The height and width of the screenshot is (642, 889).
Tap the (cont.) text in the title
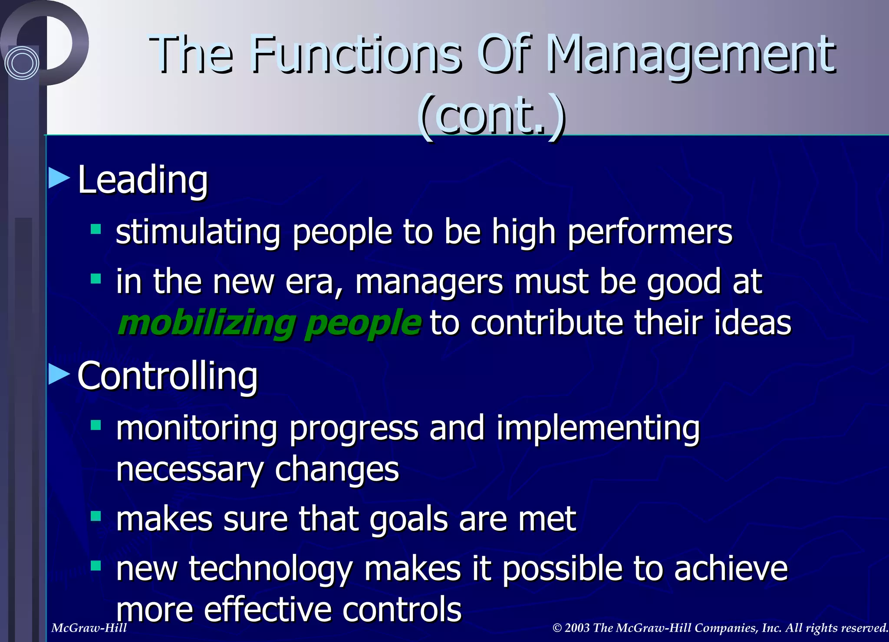coord(492,116)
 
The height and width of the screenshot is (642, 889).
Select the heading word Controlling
coord(168,376)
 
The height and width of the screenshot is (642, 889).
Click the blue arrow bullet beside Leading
coord(59,178)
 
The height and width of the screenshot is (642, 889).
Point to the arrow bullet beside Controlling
coord(59,374)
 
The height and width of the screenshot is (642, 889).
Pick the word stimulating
coord(198,232)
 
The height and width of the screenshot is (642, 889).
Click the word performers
coord(650,232)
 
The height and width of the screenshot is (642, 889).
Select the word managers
coord(429,282)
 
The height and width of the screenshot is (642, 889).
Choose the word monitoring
coord(197,428)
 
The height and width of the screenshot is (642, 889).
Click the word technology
coord(270,570)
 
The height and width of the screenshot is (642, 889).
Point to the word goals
coord(408,520)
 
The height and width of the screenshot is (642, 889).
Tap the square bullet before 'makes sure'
coord(96,516)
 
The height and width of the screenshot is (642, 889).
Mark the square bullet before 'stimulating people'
coord(96,229)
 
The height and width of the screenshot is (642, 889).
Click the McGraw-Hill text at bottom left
coord(89,628)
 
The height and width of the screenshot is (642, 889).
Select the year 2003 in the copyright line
coord(577,628)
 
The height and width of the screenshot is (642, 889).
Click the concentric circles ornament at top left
coord(22,63)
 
